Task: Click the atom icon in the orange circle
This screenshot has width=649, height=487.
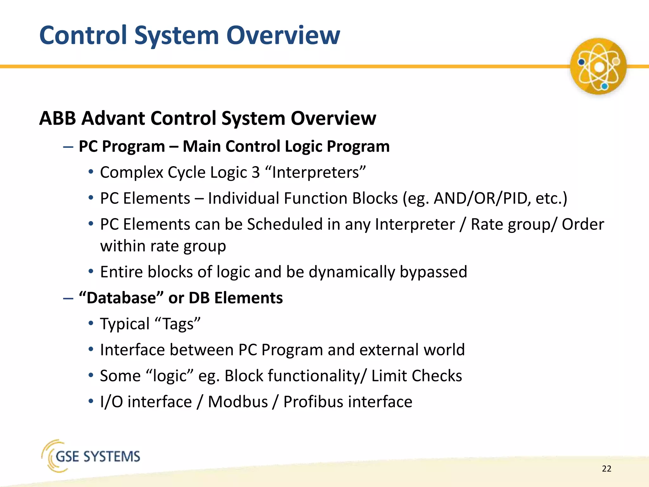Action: click(x=598, y=67)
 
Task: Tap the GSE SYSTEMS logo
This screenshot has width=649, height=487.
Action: click(x=91, y=456)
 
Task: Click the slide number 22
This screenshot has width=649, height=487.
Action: click(x=606, y=469)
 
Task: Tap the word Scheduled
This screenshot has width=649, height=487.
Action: click(x=285, y=224)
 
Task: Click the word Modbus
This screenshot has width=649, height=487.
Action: click(x=238, y=402)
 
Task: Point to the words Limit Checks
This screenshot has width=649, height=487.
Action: click(x=416, y=376)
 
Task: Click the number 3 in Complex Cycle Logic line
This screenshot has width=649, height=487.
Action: click(x=255, y=172)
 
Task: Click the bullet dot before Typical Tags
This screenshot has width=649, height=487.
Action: click(x=91, y=324)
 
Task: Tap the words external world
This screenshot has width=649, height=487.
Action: click(x=412, y=350)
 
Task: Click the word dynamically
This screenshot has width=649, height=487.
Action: click(x=352, y=272)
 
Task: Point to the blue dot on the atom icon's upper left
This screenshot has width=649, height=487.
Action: click(x=582, y=62)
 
